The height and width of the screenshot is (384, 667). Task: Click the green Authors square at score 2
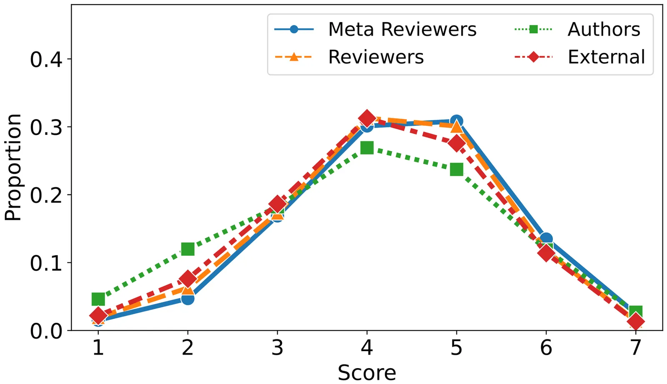[188, 249]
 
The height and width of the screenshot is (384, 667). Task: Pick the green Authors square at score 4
[367, 148]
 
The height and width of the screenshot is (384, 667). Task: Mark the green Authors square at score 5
[456, 170]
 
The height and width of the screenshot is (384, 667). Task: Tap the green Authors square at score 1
[98, 299]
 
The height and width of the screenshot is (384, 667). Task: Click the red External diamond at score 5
[456, 144]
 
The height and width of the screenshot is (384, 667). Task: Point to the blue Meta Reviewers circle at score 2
[188, 298]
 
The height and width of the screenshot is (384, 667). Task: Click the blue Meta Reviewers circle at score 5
[456, 121]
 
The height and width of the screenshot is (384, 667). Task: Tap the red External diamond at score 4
[367, 119]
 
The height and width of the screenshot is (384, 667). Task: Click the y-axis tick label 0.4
[46, 59]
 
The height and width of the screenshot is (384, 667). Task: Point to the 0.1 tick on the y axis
[46, 263]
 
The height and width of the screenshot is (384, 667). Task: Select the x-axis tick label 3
[277, 347]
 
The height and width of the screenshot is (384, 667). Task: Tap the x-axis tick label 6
[546, 347]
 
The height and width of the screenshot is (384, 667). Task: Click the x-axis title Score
[367, 372]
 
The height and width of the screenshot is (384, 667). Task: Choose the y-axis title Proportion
[13, 167]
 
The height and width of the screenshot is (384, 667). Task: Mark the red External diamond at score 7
[636, 322]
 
